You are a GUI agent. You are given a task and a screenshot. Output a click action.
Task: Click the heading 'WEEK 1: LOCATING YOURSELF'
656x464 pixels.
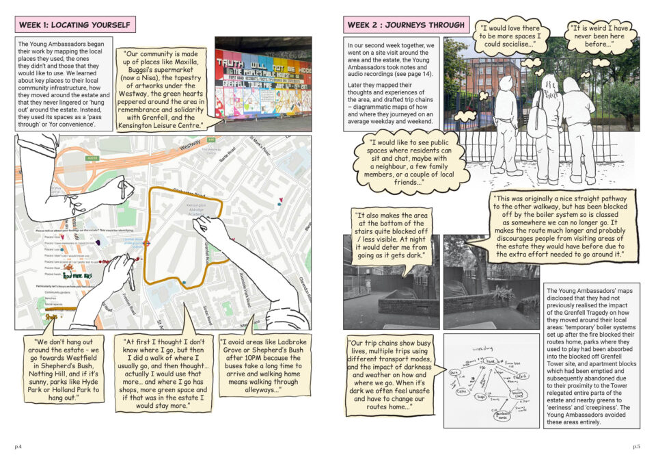coord(74,25)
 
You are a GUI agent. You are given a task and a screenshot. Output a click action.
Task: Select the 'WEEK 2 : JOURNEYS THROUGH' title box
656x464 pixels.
coord(406,25)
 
